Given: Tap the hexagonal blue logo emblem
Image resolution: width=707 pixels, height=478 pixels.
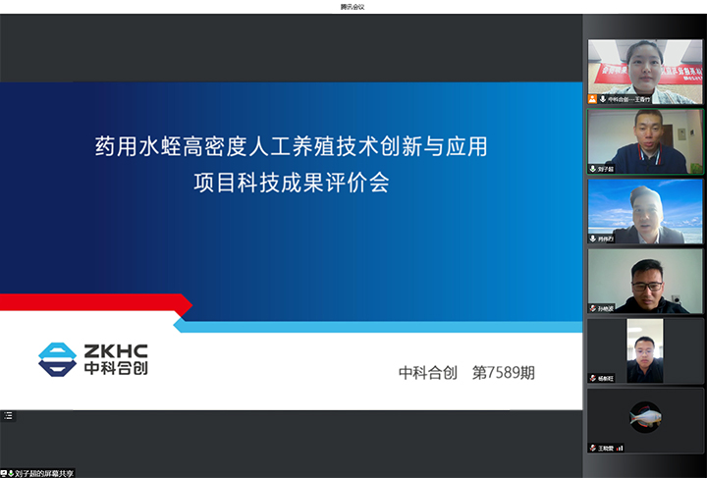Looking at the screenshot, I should click(57, 359).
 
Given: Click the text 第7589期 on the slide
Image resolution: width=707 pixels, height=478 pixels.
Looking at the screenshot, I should click(505, 373).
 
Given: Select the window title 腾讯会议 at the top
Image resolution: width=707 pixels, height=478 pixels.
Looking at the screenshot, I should click(353, 6).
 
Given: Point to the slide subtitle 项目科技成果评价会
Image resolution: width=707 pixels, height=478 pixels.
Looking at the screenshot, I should click(291, 183).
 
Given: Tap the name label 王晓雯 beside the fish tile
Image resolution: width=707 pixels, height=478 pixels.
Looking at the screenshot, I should click(606, 448).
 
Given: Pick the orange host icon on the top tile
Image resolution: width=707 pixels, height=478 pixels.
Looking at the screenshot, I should click(592, 99).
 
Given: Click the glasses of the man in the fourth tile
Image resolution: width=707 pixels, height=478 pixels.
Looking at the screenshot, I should click(644, 281).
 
